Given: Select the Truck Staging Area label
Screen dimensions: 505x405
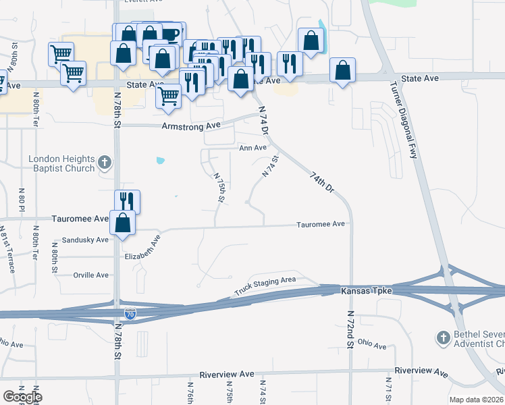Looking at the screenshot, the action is pyautogui.click(x=265, y=286).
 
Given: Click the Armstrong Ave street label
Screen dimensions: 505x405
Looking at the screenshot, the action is pyautogui.click(x=191, y=126).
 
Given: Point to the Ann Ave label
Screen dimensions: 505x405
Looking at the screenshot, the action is pyautogui.click(x=252, y=148).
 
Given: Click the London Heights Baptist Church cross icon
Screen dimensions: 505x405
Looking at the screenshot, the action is pyautogui.click(x=104, y=162).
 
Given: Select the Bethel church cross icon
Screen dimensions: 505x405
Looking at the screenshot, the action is pyautogui.click(x=443, y=337).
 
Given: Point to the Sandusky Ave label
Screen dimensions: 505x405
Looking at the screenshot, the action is pyautogui.click(x=84, y=240).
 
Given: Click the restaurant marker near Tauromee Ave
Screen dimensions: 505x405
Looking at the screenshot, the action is pyautogui.click(x=126, y=200).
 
